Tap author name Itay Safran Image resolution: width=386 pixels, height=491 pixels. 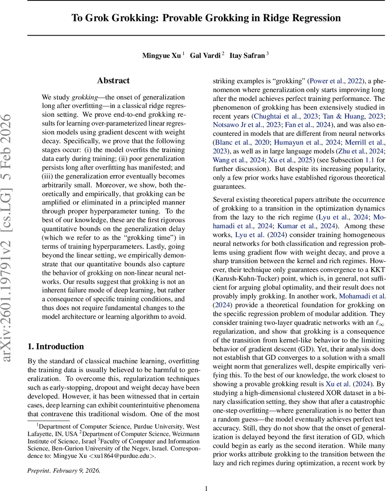(x=247, y=56)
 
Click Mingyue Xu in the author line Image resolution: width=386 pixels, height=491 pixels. (x=161, y=56)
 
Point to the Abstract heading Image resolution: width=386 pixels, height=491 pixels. (x=113, y=81)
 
